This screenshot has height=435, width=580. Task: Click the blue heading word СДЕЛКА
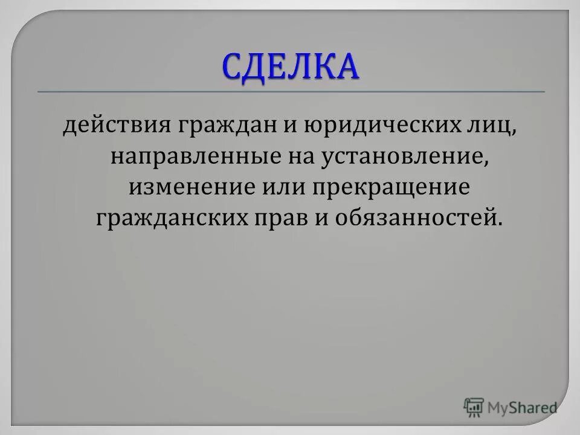click(290, 66)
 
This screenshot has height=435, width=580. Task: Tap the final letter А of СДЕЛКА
click(346, 66)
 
